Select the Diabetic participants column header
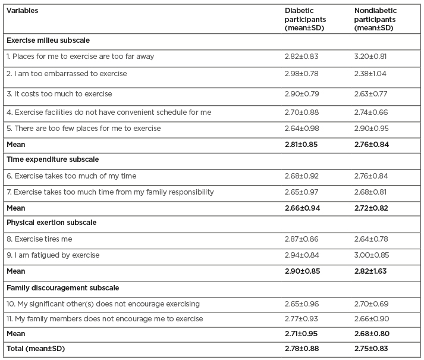[305, 19]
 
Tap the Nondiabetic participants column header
[375, 19]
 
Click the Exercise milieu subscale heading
[52, 41]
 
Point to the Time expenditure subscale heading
[52, 159]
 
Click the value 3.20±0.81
[372, 57]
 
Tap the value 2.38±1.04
[372, 74]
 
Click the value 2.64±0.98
[302, 129]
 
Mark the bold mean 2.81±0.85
[303, 144]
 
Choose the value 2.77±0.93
[302, 319]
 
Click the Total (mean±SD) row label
[36, 349]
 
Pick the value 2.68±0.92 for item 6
[302, 176]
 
